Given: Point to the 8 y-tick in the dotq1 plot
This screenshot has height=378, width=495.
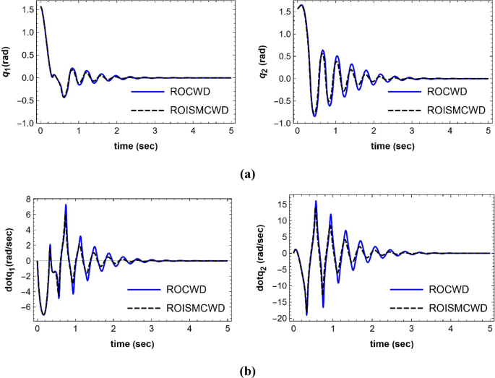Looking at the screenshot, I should pyautogui.click(x=26, y=199).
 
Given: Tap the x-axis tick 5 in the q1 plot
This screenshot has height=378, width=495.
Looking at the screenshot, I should pyautogui.click(x=231, y=132).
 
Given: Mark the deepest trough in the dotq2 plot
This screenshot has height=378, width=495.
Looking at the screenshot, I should pyautogui.click(x=307, y=314).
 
